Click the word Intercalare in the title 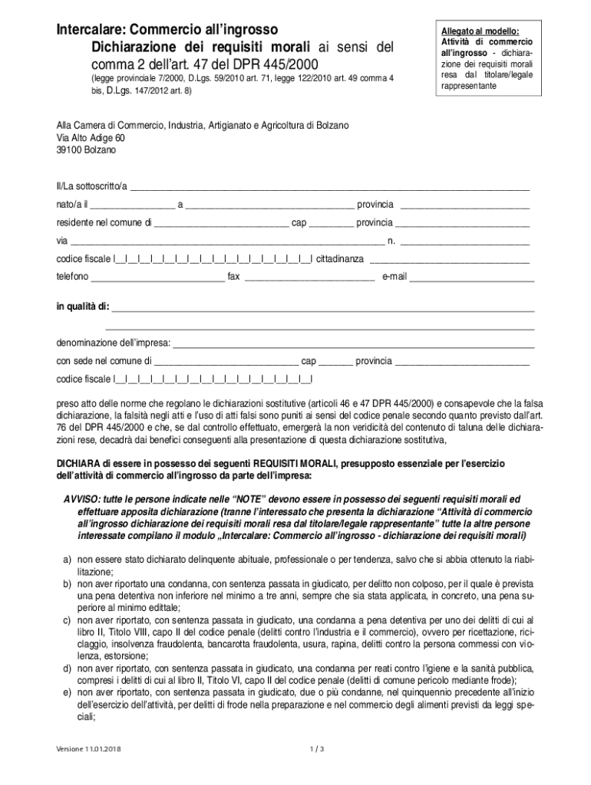[87, 30]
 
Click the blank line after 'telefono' [158, 277]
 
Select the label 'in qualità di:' [83, 307]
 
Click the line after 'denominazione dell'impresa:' [353, 343]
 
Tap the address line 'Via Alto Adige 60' [91, 138]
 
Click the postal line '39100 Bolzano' [86, 150]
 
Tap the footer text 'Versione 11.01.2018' [88, 749]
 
